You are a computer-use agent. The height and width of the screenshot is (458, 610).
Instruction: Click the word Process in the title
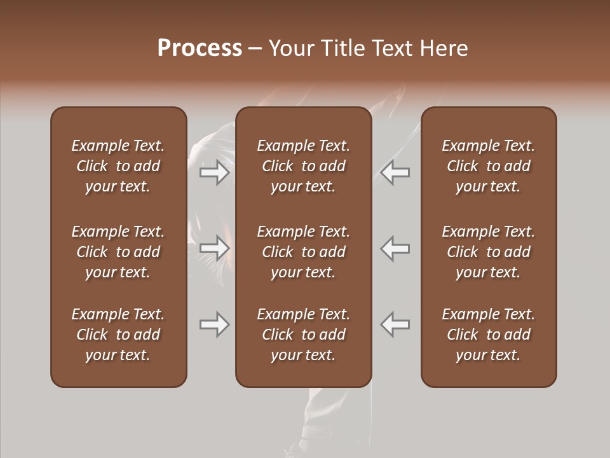[x=200, y=48]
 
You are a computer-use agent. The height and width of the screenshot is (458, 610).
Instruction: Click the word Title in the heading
[x=341, y=48]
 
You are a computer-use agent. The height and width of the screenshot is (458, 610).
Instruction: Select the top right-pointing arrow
[x=214, y=172]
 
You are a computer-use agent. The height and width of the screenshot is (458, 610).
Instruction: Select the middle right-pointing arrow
[x=214, y=249]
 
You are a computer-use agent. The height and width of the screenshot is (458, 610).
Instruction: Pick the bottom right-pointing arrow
[x=214, y=324]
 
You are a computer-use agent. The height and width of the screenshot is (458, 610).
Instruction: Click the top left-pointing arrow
[x=395, y=172]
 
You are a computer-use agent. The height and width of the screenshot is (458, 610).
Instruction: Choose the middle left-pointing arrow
[x=395, y=249]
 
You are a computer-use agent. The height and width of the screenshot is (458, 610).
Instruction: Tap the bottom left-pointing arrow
[x=395, y=324]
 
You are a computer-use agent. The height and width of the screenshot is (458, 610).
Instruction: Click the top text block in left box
[x=118, y=166]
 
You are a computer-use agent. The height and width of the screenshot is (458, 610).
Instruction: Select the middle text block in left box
[x=118, y=252]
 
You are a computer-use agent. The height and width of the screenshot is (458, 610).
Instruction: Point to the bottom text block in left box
[x=118, y=335]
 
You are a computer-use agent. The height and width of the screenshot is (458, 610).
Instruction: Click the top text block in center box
[x=303, y=166]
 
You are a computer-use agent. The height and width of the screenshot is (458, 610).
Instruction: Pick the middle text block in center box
[x=303, y=252]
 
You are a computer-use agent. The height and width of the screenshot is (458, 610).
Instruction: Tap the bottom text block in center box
[x=303, y=335]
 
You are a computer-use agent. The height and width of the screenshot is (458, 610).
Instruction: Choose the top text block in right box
[x=488, y=166]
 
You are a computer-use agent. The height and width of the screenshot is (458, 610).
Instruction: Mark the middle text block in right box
[x=488, y=252]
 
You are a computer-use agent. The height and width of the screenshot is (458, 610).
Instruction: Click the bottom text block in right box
[x=488, y=335]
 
